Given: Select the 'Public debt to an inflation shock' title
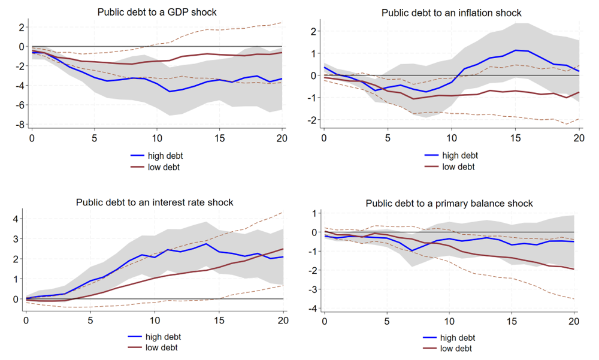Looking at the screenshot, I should [451, 13].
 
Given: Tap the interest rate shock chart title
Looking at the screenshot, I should [155, 202].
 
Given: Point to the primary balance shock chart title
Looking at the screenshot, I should [449, 204].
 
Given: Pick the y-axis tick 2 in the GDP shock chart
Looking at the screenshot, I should [21, 27].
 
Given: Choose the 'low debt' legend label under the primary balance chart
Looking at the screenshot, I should [456, 349].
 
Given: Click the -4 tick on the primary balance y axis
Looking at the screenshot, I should [313, 308].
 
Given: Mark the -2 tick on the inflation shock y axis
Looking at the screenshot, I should [313, 120].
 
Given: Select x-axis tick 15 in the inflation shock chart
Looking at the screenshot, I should [515, 138].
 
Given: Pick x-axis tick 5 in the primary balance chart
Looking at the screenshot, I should [387, 322].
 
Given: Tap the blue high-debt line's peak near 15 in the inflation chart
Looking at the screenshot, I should [515, 50].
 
